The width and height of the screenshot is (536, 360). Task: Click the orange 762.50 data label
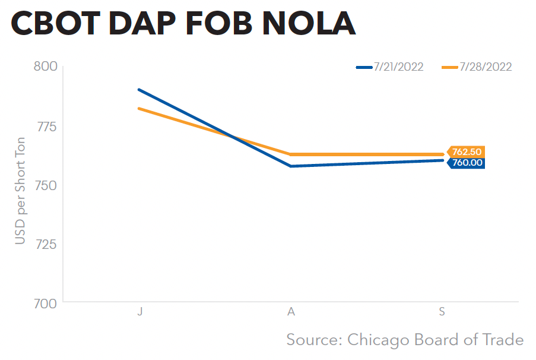(x=467, y=152)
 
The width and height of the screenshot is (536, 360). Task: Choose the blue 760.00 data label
(x=467, y=162)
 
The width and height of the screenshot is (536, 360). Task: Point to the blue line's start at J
(x=139, y=90)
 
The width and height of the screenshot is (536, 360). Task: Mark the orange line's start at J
(x=139, y=108)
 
